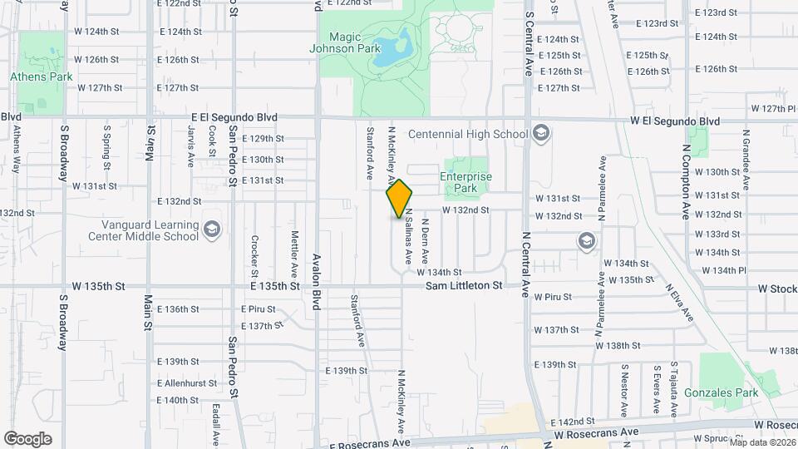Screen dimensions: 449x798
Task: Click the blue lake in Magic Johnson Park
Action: pyautogui.click(x=392, y=49)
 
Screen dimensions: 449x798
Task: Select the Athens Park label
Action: pyautogui.click(x=42, y=76)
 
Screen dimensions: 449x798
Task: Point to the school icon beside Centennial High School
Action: pyautogui.click(x=541, y=134)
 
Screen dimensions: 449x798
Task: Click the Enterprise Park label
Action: pyautogui.click(x=465, y=182)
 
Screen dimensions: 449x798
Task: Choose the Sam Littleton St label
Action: pyautogui.click(x=465, y=285)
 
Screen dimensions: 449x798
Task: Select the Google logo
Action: pyautogui.click(x=27, y=439)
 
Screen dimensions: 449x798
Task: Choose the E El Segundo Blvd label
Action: pyautogui.click(x=234, y=118)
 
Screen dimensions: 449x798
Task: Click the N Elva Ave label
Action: pyautogui.click(x=677, y=303)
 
